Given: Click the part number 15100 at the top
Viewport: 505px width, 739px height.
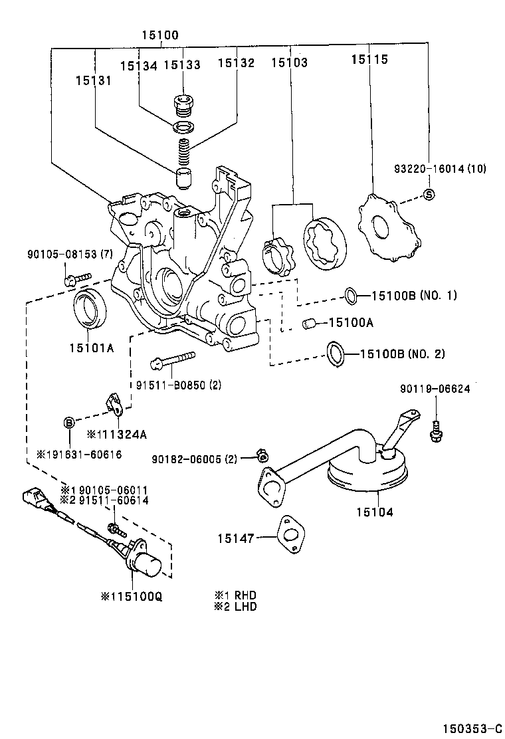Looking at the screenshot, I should (x=159, y=35).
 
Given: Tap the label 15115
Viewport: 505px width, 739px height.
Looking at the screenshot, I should (x=369, y=60).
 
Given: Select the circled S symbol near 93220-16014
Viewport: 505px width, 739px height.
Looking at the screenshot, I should (x=429, y=194).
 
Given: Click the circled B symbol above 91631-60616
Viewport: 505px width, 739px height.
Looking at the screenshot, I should (x=68, y=423).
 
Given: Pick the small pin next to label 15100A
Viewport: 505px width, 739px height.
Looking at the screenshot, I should (x=308, y=323).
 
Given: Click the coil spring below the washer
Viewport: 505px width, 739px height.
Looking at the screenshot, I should (x=183, y=152).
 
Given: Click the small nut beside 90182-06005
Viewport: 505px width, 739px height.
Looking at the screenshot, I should (x=262, y=455).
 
